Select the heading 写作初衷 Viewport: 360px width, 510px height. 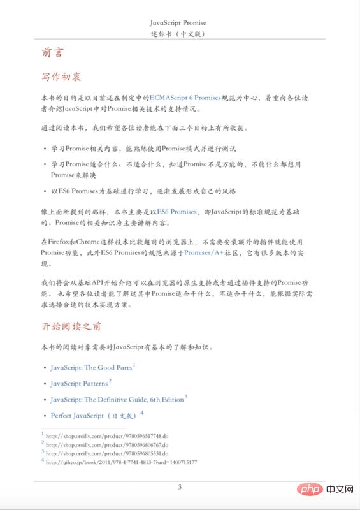[61, 77]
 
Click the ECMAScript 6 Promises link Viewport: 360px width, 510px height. [185, 98]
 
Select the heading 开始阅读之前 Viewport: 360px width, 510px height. [71, 326]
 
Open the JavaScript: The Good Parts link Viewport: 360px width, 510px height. [91, 368]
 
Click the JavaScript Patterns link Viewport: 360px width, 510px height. [79, 384]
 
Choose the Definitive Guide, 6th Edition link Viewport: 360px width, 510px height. [117, 400]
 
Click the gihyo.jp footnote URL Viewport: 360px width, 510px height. [121, 462]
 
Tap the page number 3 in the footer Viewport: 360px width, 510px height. [180, 487]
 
